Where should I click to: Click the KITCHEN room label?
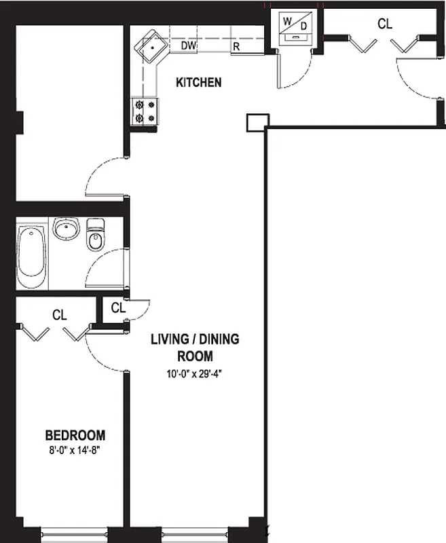pos(198,83)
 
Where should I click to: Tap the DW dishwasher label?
pos(189,46)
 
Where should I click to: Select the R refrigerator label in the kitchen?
pos(236,47)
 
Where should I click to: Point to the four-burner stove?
pos(145,111)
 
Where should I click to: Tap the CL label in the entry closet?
pos(384,24)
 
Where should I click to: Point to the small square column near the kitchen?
pos(256,121)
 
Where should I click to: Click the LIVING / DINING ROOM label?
pos(195,348)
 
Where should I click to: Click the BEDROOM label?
pos(75,435)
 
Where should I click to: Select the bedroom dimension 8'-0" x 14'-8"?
pos(75,449)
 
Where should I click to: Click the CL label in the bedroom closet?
pos(60,315)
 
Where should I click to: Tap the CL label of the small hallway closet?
pos(118,307)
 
